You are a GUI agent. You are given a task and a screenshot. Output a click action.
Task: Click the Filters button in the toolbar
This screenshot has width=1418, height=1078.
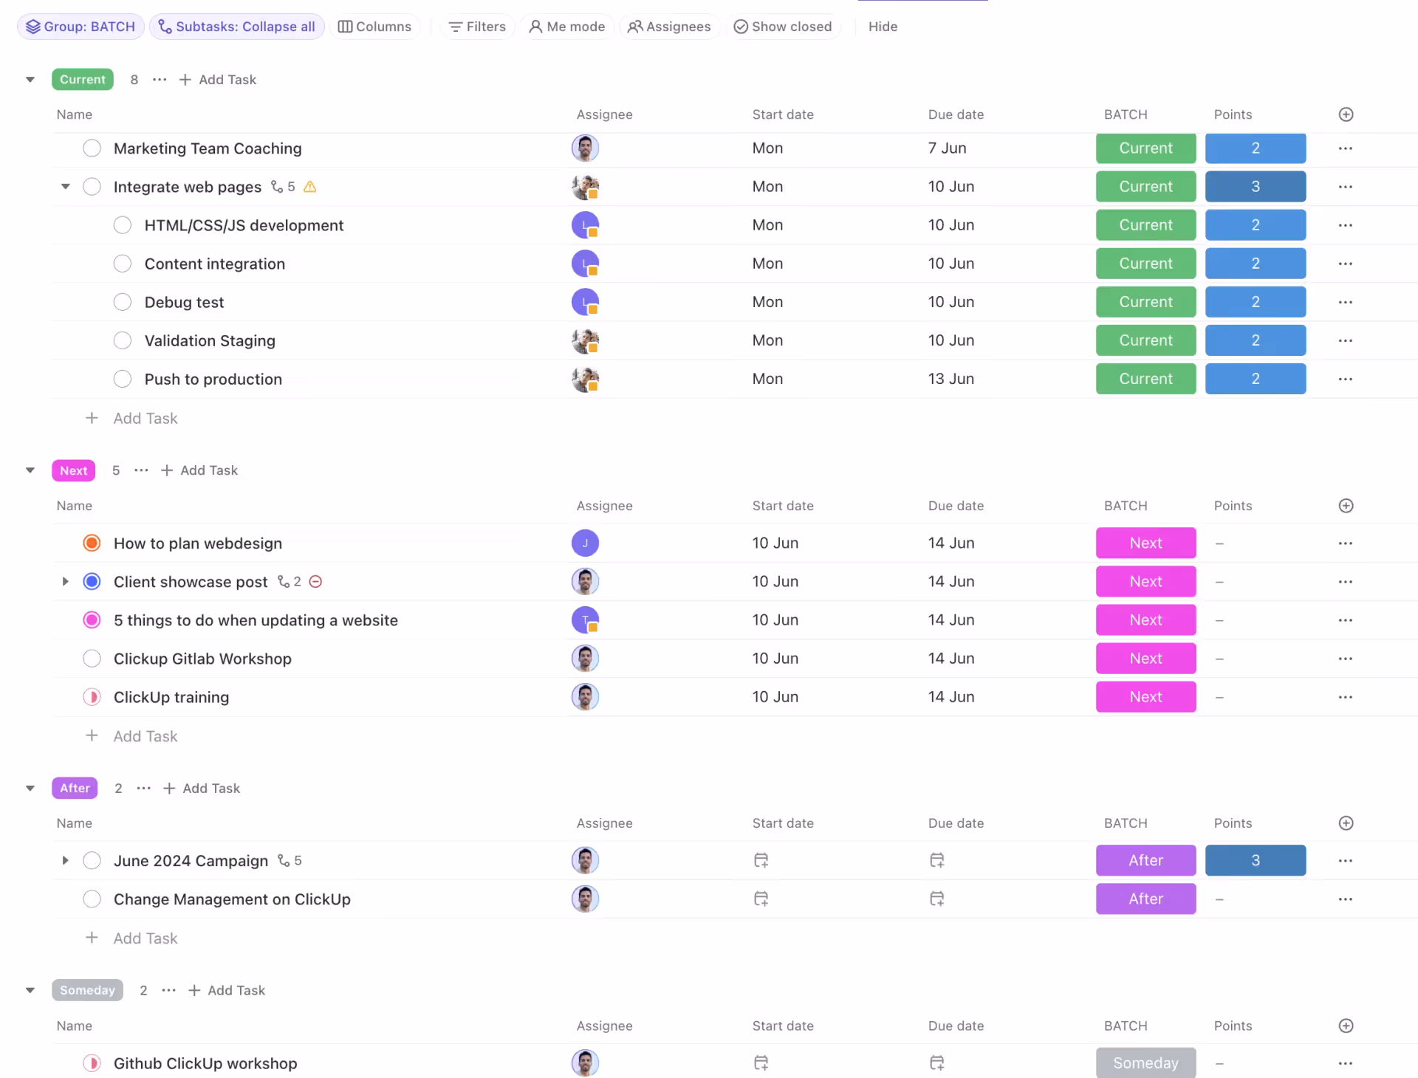pos(477,27)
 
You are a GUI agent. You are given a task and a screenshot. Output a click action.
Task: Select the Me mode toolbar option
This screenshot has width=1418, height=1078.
pos(567,27)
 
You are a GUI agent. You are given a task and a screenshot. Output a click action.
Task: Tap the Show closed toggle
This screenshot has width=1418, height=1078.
pos(783,27)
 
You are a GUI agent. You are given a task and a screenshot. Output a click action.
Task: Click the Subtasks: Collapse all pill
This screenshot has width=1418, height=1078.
pos(237,27)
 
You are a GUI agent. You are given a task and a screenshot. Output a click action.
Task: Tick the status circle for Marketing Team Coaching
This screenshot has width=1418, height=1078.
pos(92,148)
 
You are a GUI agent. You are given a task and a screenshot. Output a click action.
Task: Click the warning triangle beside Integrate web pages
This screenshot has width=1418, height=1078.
pos(310,187)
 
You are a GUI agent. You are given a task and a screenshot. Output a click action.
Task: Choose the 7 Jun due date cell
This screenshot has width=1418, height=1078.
pos(947,148)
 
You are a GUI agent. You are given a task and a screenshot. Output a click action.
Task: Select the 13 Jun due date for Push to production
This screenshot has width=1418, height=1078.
pos(951,379)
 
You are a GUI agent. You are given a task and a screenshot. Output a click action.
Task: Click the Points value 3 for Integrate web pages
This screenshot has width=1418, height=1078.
pos(1255,187)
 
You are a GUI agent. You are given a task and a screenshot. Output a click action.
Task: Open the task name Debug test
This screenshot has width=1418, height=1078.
pos(184,302)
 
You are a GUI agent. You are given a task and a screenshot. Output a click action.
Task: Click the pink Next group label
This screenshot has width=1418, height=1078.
pos(73,470)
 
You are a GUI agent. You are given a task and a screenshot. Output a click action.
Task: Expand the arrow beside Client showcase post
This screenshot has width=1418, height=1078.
pos(65,582)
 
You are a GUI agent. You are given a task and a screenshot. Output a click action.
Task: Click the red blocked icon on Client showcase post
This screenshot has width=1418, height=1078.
pos(315,582)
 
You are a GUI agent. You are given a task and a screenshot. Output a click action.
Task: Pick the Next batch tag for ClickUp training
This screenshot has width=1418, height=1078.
pos(1145,697)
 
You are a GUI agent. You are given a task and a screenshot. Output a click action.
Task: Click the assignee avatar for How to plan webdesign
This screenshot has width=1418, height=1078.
pos(585,543)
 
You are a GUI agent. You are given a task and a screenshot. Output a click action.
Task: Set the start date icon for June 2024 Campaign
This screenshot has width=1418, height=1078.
pos(761,860)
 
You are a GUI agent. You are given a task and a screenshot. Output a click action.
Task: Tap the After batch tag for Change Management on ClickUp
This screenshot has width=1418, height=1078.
pos(1145,899)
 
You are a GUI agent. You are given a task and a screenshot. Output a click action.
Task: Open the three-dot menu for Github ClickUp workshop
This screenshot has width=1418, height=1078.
pos(1345,1063)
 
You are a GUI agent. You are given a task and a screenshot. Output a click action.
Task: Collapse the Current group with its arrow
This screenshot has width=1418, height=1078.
pos(30,80)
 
